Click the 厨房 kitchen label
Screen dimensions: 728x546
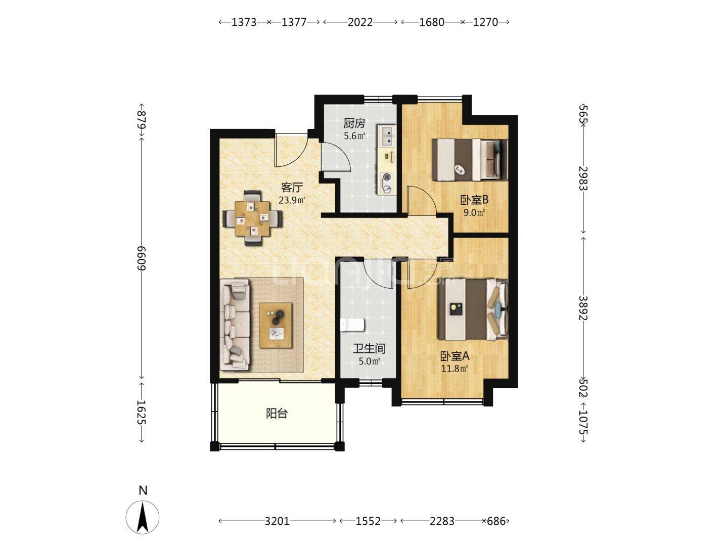pos(354,123)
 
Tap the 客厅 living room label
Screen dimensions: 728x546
pos(292,188)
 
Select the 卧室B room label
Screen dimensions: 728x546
pos(474,200)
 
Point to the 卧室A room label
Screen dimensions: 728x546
pos(454,356)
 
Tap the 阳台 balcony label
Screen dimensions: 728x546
pos(277,414)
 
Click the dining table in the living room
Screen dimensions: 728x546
pos(252,218)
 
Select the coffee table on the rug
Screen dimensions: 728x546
pos(276,325)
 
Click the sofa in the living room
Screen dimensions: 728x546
pos(235,324)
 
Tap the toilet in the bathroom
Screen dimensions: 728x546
pos(352,325)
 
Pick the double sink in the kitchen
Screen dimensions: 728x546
pos(386,135)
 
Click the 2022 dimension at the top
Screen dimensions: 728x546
pos(360,22)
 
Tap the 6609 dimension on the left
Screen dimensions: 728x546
pos(142,258)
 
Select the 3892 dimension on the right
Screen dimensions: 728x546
pos(583,308)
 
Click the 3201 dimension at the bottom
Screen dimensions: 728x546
pos(277,521)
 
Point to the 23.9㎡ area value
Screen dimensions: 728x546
pos(292,200)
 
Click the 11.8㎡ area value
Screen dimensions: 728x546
pos(454,369)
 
